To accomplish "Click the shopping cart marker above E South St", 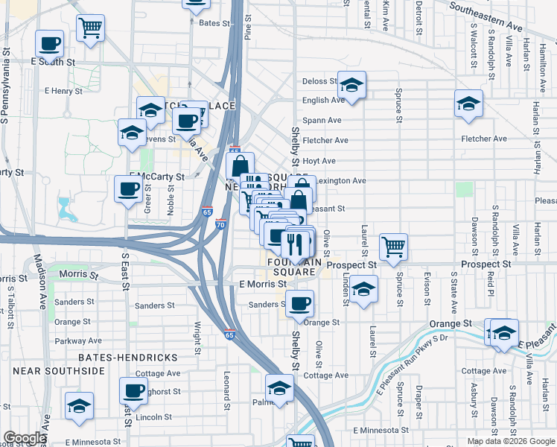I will point(90,28).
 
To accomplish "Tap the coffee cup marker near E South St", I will point(50,44).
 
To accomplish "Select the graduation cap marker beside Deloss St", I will point(351,83).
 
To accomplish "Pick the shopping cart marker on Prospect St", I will point(393,246).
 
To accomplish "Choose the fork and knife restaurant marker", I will point(296,244).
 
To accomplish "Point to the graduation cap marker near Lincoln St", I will point(79,406).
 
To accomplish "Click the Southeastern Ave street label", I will point(486,16).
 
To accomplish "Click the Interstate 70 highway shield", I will point(220,223).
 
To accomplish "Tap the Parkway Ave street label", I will point(72,341).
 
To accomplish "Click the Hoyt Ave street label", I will point(319,160).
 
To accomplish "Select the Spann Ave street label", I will point(322,120).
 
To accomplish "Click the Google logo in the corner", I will point(25,438).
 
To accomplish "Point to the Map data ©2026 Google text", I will point(511,441).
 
